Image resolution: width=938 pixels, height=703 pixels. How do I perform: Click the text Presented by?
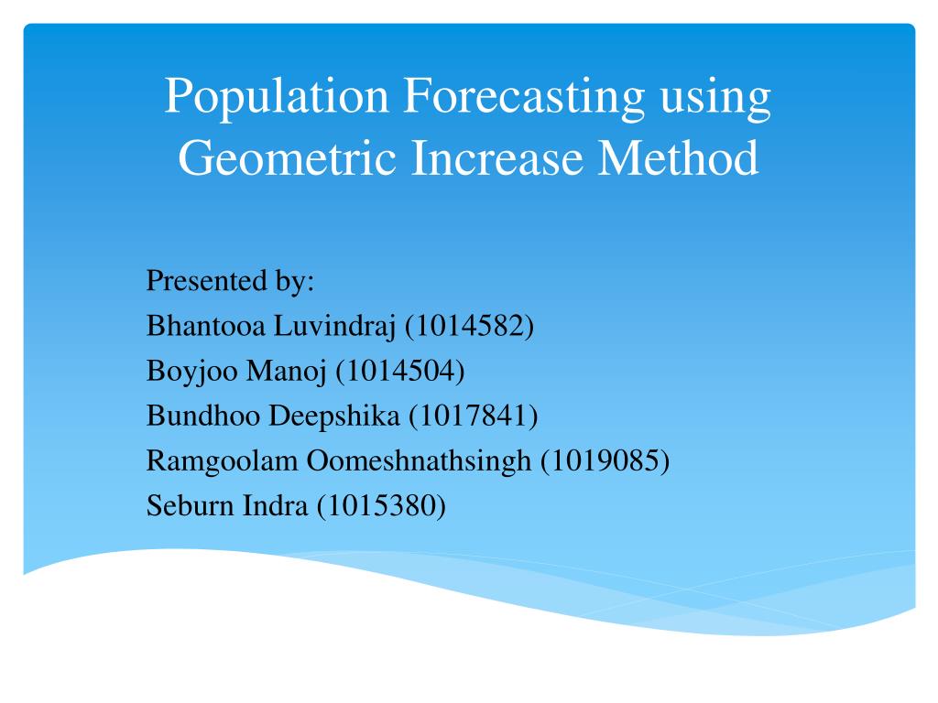(x=230, y=280)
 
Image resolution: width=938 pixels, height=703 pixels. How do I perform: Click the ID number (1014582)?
(x=469, y=325)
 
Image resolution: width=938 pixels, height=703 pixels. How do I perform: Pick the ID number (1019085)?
(x=605, y=460)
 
